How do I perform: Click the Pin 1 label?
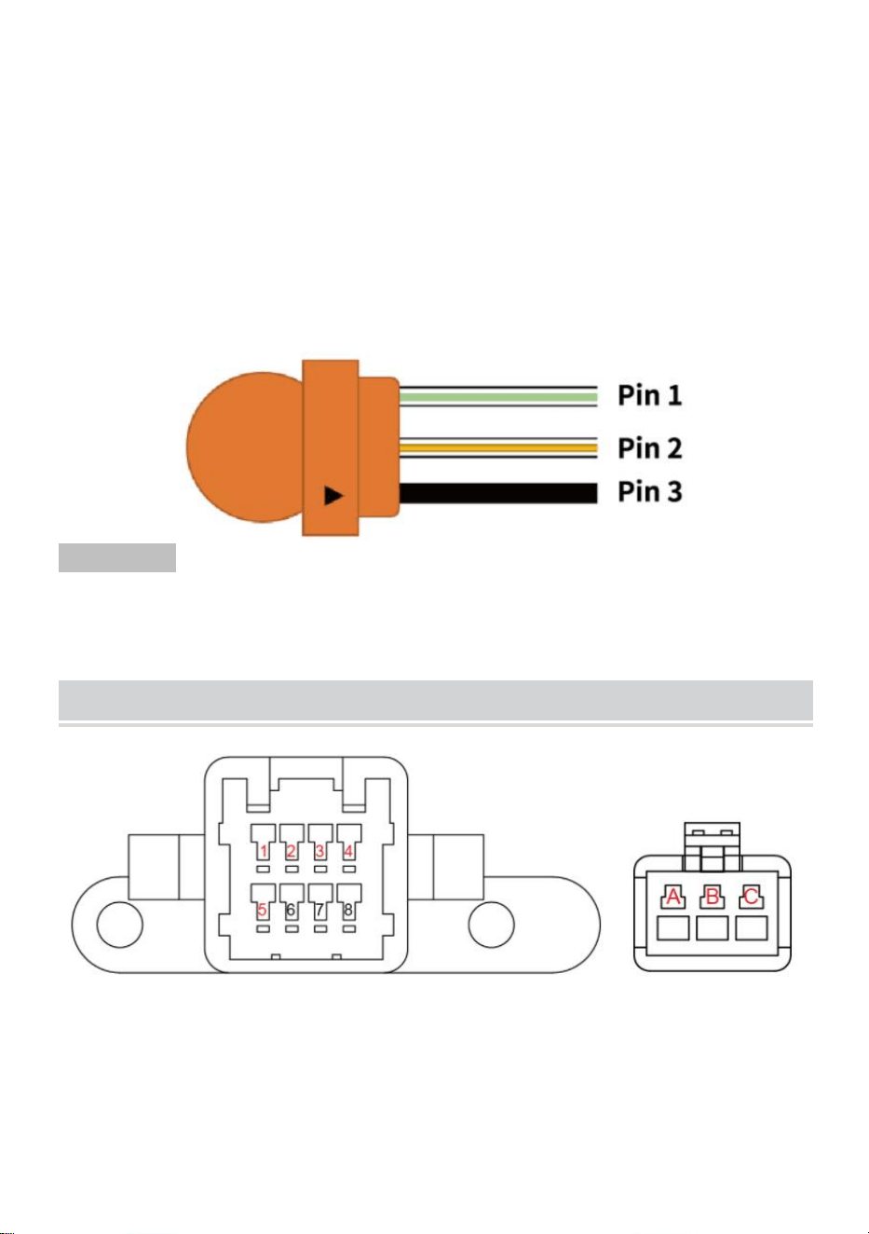pyautogui.click(x=649, y=395)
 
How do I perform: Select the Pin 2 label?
pyautogui.click(x=649, y=448)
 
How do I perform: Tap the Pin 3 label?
pyautogui.click(x=649, y=491)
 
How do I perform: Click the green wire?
pyautogui.click(x=497, y=397)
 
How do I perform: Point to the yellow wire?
pyautogui.click(x=497, y=448)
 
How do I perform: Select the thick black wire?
pyautogui.click(x=497, y=493)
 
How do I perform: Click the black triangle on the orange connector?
pyautogui.click(x=333, y=495)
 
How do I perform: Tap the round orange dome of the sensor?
pyautogui.click(x=245, y=446)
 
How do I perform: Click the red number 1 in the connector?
pyautogui.click(x=264, y=851)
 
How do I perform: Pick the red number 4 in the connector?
pyautogui.click(x=348, y=851)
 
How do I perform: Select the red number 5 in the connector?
pyautogui.click(x=263, y=910)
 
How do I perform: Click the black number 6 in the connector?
pyautogui.click(x=291, y=910)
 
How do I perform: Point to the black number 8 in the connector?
pyautogui.click(x=348, y=910)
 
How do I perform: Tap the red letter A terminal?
pyautogui.click(x=673, y=897)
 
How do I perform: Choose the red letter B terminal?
pyautogui.click(x=712, y=897)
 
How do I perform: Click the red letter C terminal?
pyautogui.click(x=751, y=897)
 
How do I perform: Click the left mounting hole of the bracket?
pyautogui.click(x=119, y=925)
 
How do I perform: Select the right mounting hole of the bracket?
pyautogui.click(x=491, y=925)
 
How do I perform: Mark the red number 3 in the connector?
pyautogui.click(x=320, y=851)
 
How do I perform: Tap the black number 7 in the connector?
pyautogui.click(x=319, y=910)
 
